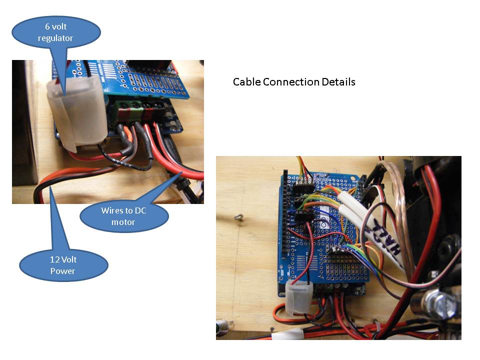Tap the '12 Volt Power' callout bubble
[63, 265]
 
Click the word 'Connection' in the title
[291, 82]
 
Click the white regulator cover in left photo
[76, 115]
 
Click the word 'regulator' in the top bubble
[55, 38]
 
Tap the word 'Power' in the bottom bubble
[63, 271]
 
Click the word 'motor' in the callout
[123, 222]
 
